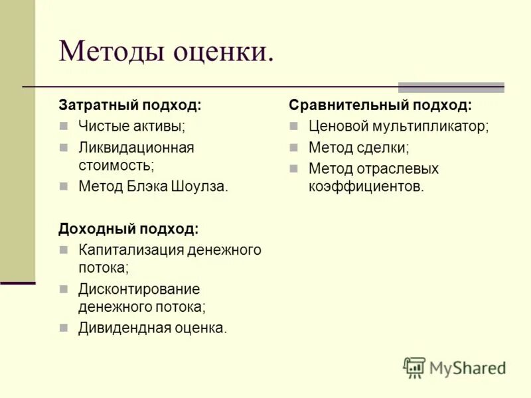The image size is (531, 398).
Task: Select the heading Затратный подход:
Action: pos(129,105)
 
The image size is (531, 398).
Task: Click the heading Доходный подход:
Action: pos(128,229)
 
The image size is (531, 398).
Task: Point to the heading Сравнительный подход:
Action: pos(380,105)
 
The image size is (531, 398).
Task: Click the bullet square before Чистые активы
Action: pos(64,126)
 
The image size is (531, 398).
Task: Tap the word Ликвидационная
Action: pos(136,147)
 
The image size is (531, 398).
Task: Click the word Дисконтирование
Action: pos(139,289)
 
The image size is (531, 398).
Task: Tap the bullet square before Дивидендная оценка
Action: pos(64,328)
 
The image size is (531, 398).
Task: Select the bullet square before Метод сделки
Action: pos(294,148)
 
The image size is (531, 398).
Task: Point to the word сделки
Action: pos(384,148)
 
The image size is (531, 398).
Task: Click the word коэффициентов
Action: pos(366,187)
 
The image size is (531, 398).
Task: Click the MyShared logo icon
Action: pos(414,367)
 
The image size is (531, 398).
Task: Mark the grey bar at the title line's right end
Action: pos(451,87)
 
